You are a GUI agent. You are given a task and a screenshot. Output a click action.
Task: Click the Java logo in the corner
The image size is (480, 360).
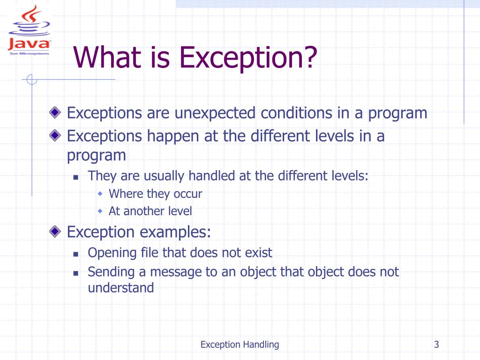tap(30, 30)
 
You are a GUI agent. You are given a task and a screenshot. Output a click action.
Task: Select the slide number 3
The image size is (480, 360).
tap(436, 345)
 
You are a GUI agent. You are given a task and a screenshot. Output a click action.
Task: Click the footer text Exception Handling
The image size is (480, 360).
tap(240, 345)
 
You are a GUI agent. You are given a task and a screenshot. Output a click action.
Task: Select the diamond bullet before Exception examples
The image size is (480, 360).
tap(56, 231)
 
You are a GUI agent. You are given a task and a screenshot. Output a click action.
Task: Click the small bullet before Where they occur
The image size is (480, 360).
tap(100, 194)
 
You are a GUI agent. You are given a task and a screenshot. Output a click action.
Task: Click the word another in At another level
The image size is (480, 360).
tap(143, 211)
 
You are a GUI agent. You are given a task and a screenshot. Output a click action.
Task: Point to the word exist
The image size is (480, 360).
tap(258, 253)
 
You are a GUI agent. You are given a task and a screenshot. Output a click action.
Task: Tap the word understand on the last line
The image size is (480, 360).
tap(121, 287)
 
